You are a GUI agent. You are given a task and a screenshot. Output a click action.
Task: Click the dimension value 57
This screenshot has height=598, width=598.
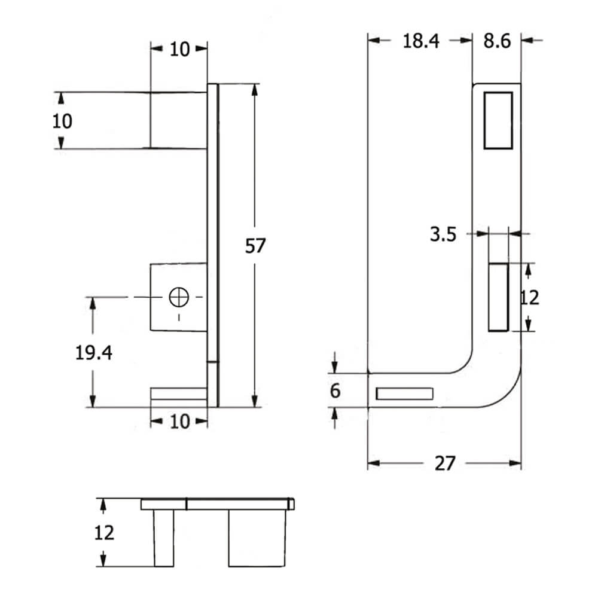click(255, 246)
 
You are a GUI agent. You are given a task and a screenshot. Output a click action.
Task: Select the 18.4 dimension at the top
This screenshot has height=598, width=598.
click(420, 41)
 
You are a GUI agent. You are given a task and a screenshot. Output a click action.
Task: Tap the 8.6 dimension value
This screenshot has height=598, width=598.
click(497, 41)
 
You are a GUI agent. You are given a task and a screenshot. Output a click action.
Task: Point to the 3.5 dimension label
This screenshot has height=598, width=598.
click(443, 234)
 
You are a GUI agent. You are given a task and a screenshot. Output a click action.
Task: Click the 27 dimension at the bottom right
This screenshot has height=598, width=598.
click(445, 463)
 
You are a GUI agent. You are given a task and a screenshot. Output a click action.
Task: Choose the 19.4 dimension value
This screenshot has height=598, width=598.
click(94, 353)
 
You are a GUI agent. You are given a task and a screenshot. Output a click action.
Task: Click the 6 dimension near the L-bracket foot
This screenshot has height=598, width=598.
click(335, 391)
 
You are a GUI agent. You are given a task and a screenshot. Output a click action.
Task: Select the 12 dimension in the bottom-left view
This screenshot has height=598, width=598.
click(104, 532)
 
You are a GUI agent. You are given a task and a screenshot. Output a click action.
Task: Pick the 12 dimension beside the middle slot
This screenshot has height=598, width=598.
click(529, 297)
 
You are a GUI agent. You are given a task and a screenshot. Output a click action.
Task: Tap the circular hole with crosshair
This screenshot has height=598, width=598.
click(178, 297)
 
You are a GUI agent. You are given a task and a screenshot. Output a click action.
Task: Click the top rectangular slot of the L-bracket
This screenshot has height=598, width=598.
click(498, 120)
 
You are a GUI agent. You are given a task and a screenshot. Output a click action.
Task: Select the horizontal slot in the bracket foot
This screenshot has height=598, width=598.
click(404, 393)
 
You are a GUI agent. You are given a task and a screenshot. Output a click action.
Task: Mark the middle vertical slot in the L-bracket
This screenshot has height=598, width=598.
click(498, 297)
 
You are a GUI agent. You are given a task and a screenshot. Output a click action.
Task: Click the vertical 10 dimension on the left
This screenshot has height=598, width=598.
click(62, 121)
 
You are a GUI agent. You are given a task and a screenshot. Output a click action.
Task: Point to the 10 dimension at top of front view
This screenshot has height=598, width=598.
click(179, 49)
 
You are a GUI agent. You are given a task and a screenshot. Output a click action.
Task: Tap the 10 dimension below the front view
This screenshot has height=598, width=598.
click(179, 422)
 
